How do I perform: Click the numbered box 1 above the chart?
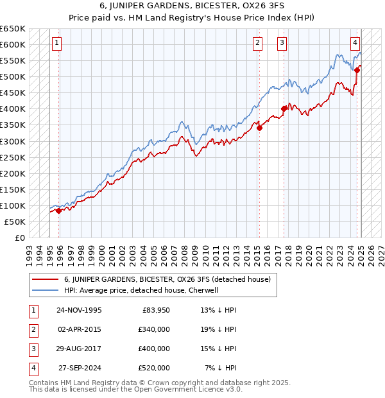click(57, 43)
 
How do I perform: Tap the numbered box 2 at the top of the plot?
click(257, 43)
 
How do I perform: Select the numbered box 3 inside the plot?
click(282, 43)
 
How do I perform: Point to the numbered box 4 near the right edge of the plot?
click(355, 43)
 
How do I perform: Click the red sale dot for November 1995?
click(58, 210)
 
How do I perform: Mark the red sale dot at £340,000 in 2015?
click(260, 128)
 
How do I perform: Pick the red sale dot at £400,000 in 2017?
click(284, 108)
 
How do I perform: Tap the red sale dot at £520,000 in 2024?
click(357, 70)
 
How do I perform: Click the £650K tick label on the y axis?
click(13, 29)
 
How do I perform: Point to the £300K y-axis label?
click(13, 141)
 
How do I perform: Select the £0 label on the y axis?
click(19, 238)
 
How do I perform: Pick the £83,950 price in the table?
click(156, 310)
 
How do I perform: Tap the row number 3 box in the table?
click(33, 349)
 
